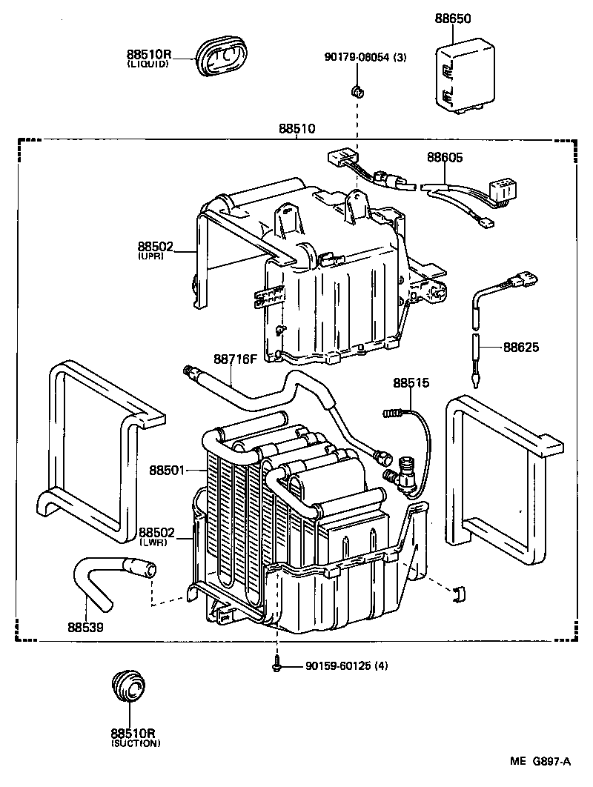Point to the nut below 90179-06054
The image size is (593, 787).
[357, 92]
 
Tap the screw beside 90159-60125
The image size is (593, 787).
[276, 665]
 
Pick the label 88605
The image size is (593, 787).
[445, 157]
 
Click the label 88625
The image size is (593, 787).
[522, 347]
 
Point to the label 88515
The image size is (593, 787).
[411, 383]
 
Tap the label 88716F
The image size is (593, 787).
[235, 359]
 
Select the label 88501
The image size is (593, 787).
[167, 470]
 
